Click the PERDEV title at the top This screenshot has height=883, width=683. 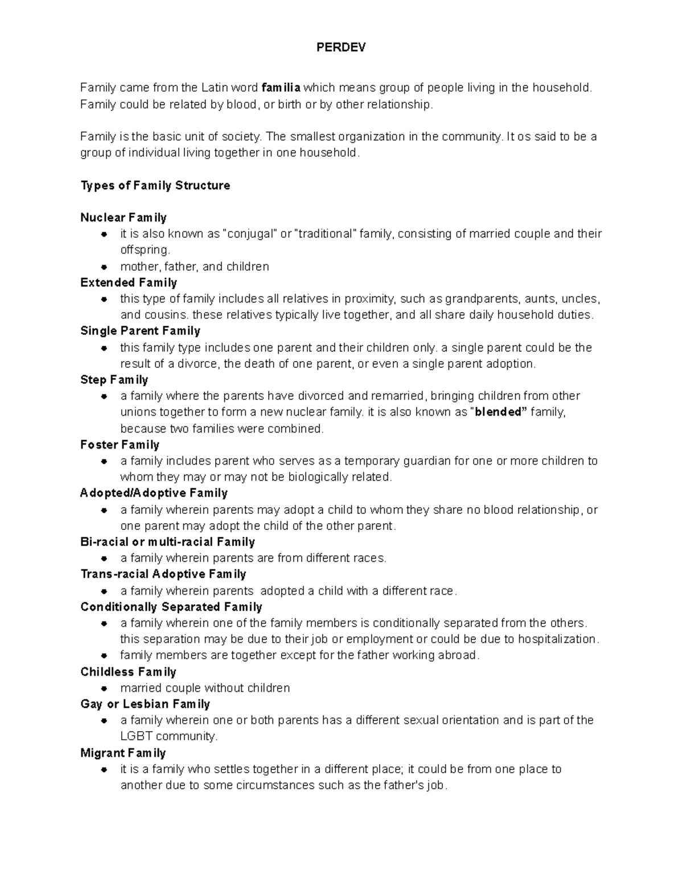(341, 48)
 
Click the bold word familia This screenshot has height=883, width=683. (281, 88)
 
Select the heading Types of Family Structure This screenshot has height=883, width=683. (155, 185)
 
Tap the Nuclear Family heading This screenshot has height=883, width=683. (124, 218)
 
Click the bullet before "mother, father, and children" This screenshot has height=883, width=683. (104, 267)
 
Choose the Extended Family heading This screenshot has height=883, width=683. (129, 283)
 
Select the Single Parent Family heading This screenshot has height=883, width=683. (140, 331)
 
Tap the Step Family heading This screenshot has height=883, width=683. (114, 380)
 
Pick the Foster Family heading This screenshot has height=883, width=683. (120, 445)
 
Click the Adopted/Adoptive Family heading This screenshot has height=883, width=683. (154, 493)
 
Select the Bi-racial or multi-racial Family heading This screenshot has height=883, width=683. (167, 542)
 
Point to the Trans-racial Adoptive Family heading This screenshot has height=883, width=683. (163, 574)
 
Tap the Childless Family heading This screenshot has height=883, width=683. (128, 672)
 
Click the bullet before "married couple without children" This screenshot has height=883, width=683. (104, 689)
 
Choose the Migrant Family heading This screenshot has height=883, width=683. (123, 753)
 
